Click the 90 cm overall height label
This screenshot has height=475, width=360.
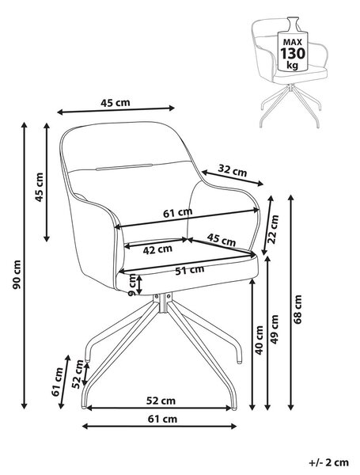point(17,274)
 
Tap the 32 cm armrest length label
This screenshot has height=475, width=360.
point(233,170)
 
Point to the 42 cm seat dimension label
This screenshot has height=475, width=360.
point(157,250)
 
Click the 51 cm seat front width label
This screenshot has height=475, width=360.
point(190,270)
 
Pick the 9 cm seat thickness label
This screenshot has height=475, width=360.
point(133,285)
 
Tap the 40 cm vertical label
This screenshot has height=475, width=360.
point(260,340)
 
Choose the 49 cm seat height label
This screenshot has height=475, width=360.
point(274,329)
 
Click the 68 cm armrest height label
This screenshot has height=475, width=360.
point(298,310)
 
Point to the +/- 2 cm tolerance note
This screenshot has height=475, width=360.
point(329,462)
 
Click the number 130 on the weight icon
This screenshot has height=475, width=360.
point(293,53)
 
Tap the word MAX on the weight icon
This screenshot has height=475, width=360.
point(293,42)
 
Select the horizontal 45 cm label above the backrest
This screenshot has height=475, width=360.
point(116,103)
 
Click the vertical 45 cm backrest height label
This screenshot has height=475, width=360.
point(40,187)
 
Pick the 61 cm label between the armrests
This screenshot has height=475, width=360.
point(178,213)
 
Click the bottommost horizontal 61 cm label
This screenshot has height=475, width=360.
point(162,419)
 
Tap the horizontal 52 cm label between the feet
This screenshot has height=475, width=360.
point(161,401)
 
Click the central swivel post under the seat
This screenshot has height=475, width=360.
point(163,302)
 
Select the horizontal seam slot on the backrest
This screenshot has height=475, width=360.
point(124,167)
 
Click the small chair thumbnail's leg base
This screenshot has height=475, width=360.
point(290,105)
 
